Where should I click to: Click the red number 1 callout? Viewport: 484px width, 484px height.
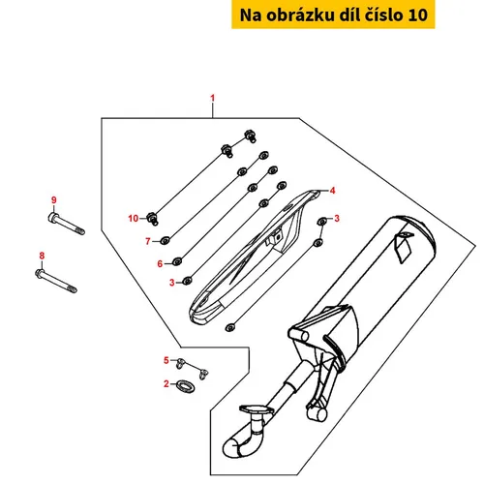coord(212,98)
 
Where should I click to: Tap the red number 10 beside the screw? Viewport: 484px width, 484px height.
coord(134,219)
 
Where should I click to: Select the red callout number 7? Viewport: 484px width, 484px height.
coord(148,241)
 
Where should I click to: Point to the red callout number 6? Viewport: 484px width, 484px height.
coord(160,263)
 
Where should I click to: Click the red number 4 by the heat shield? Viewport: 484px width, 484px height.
coord(332,191)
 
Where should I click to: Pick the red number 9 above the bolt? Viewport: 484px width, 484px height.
coord(54,200)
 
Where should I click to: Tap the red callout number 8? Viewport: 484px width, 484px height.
coord(42,256)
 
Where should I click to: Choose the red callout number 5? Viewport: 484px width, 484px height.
coord(166,360)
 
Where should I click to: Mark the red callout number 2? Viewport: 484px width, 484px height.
coord(166,383)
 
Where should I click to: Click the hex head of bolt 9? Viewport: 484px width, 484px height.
coord(53,217)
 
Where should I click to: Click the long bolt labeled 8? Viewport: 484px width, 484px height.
coord(56,281)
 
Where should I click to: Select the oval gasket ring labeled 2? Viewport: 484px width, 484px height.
coord(186,385)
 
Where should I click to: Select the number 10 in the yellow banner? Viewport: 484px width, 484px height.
coord(418,15)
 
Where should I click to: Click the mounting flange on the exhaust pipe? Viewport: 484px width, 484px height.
coord(257,410)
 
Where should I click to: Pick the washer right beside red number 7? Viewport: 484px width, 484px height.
coord(166,241)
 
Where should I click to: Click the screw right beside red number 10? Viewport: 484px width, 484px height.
coord(153,218)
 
